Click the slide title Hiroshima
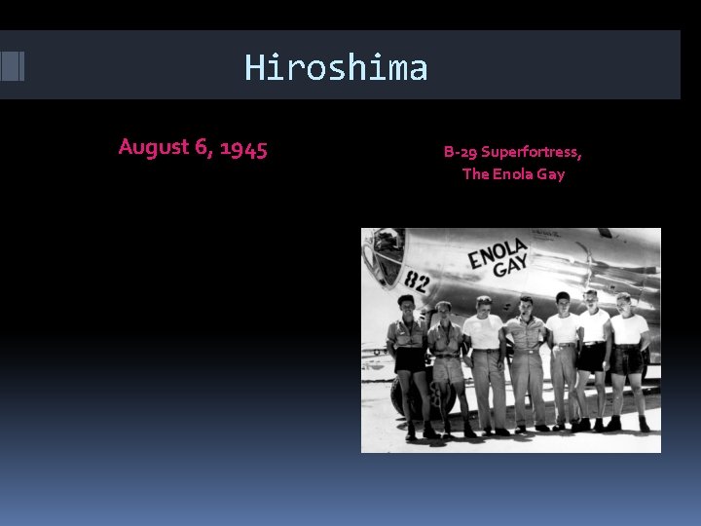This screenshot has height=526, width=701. point(336,67)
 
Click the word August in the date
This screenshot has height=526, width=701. point(153,147)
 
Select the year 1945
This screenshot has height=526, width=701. point(243,148)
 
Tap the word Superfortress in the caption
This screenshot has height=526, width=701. point(532,152)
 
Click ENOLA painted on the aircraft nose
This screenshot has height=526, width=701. point(498,252)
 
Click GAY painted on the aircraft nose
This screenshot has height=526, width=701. point(512,264)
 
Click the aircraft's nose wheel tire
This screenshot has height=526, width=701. point(404,394)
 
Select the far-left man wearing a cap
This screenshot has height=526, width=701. point(407,360)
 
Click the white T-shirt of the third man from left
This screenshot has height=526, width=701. point(483,332)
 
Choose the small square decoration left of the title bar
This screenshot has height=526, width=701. point(12,65)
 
